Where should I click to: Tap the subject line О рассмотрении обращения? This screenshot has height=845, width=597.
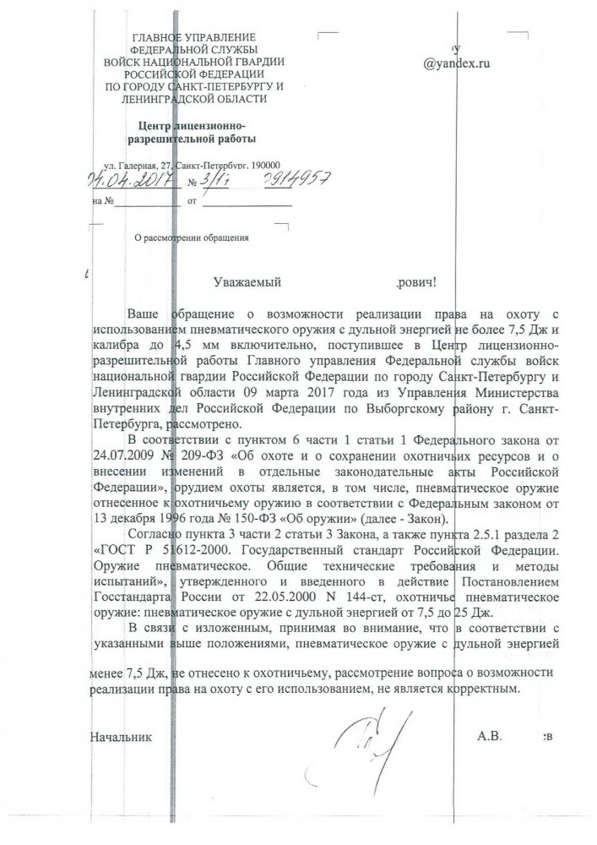pyautogui.click(x=193, y=238)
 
